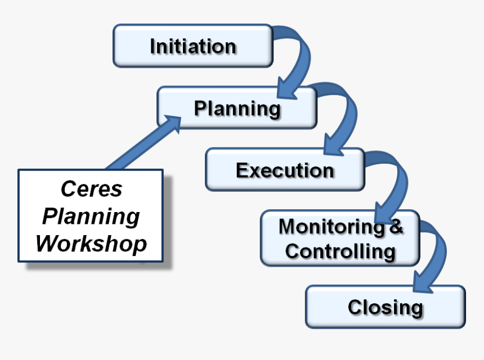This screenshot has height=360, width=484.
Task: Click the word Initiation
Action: coord(192,46)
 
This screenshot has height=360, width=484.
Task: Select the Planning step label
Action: coord(237,108)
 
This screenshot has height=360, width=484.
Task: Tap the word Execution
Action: coord(285,170)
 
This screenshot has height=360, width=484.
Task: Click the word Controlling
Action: coord(340,251)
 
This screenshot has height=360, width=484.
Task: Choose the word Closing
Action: coord(385,307)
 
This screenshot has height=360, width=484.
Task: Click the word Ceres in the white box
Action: coord(91,189)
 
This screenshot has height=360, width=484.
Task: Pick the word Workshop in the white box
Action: coord(91,244)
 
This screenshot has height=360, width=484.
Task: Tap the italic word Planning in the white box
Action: coord(91,216)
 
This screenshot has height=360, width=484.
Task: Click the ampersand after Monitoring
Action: coord(396,227)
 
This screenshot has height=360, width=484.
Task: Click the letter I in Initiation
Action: coord(153,46)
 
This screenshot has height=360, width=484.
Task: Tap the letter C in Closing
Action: coord(355,307)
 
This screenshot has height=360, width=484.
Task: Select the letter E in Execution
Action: coord(243,170)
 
